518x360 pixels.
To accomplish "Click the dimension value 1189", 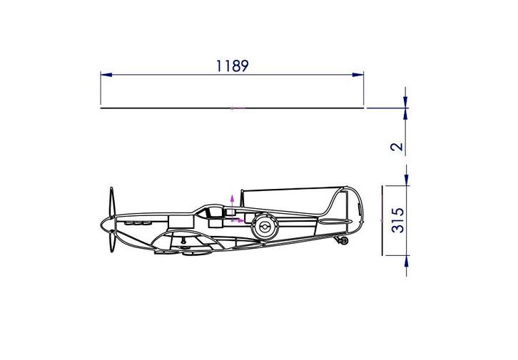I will pos(232,66).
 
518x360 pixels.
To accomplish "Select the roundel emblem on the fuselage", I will pos(261,227).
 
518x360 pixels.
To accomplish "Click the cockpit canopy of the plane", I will pos(209,210).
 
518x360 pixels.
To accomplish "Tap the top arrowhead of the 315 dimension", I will pos(406,180).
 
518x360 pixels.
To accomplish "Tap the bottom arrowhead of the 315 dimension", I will pos(406,259).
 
